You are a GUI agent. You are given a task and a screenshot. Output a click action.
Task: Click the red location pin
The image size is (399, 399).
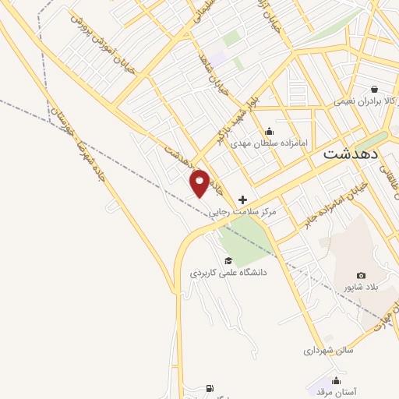[x=200, y=182]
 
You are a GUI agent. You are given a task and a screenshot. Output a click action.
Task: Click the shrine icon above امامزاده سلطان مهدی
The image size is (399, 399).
[x=270, y=131]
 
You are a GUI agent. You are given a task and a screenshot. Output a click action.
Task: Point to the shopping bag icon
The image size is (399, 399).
[x=376, y=89]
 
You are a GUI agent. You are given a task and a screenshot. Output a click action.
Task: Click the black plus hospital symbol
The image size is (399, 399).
[x=242, y=200]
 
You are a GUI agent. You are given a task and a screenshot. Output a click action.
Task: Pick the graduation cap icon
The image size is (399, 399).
[x=228, y=260]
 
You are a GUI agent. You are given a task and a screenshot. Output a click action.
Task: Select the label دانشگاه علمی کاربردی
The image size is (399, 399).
[x=228, y=273]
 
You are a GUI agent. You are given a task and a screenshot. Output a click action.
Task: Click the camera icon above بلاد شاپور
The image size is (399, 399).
[x=361, y=275]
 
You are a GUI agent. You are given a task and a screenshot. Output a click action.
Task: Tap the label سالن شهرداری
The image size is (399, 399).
[x=328, y=351]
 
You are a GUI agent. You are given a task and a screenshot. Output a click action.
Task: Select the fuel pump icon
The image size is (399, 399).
[x=209, y=387]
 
